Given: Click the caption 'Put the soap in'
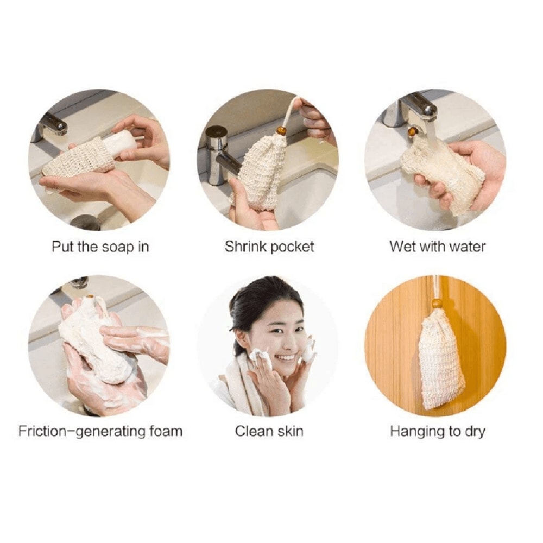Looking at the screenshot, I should [x=100, y=247].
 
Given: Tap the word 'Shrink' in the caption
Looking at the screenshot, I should [x=245, y=247].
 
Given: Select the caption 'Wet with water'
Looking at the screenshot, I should [x=437, y=247].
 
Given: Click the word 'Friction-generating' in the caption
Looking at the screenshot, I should [x=82, y=432].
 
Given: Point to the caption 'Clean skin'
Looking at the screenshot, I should [x=269, y=432].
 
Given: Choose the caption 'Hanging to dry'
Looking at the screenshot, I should [x=437, y=432].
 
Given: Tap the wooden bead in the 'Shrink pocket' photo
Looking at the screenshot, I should [x=281, y=131].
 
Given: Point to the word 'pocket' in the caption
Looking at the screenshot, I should [x=292, y=247].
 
